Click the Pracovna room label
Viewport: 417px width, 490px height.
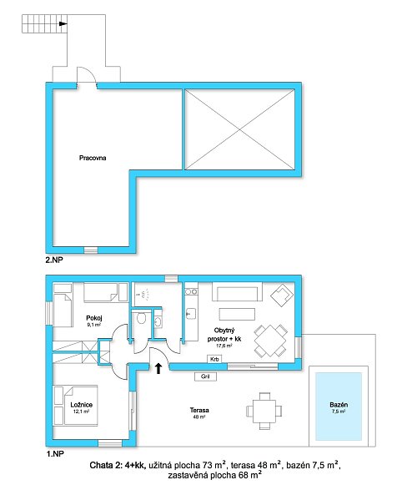[x=93, y=158]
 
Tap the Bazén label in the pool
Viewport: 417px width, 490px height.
[x=339, y=405]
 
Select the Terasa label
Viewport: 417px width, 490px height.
[x=199, y=410]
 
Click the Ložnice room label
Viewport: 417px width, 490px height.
[x=82, y=405]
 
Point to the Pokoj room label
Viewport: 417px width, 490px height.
[x=94, y=318]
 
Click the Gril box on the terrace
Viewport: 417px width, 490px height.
[x=205, y=376]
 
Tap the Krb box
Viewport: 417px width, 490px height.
[x=214, y=360]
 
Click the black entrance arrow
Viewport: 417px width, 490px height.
[x=158, y=368]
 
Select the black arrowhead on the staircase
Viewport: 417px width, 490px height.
[x=63, y=23]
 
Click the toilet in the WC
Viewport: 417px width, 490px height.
[x=142, y=318]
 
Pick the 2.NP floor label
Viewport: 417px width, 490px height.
[x=54, y=260]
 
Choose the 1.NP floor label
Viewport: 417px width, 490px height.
[x=55, y=454]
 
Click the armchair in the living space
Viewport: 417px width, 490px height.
[x=282, y=295]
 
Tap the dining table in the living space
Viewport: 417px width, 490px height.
[x=270, y=341]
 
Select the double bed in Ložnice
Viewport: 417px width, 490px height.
[x=81, y=406]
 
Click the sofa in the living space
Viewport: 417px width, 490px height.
[x=237, y=291]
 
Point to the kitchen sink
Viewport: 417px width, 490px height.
[x=191, y=313]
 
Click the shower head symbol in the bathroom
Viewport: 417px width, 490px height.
[x=144, y=295]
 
